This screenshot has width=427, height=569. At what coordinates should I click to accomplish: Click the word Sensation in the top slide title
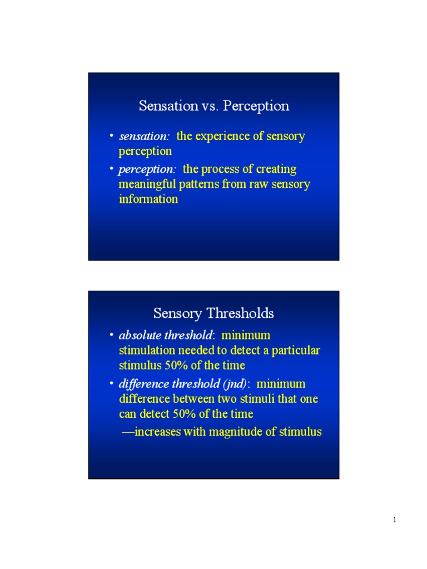pos(168,106)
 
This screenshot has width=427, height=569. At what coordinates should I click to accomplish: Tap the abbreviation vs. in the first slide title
pos(210,106)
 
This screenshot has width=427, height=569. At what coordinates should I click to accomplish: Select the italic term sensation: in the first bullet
pos(144,136)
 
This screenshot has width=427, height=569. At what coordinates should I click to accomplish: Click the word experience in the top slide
pos(222,137)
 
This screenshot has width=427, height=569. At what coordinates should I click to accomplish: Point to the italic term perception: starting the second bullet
pos(147,169)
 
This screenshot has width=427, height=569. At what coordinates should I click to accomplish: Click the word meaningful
pos(147,184)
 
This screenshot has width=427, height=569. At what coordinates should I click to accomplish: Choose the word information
pos(148,199)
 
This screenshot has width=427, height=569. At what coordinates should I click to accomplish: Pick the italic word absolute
pos(140,335)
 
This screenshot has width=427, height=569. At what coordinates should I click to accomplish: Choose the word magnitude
pos(236,432)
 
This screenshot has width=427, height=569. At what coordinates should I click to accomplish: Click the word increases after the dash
pos(157,432)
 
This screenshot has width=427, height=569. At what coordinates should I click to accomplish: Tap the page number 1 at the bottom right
pos(395,520)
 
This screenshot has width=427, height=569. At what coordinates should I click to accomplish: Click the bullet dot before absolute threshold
pos(112,334)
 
